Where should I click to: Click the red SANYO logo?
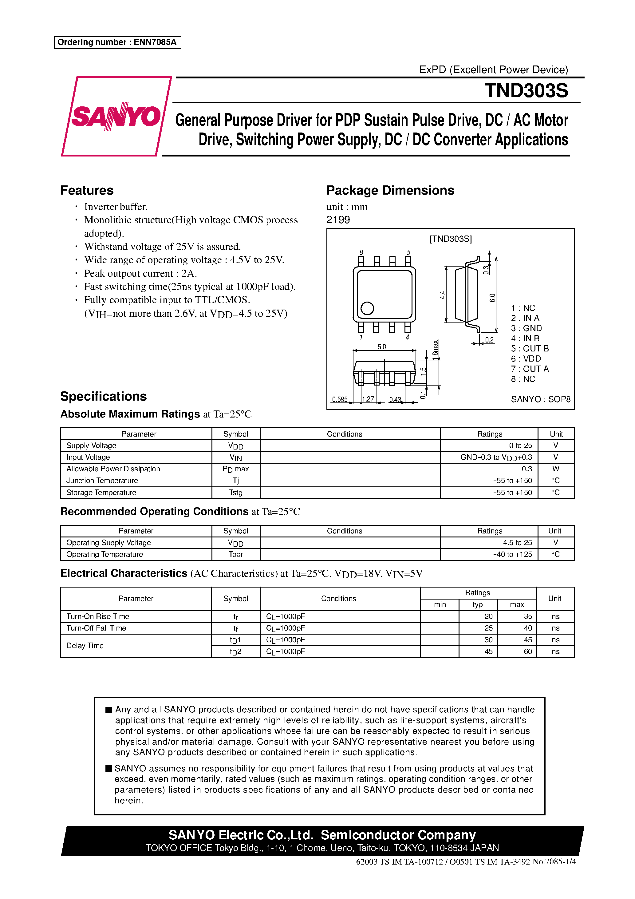pos(116,116)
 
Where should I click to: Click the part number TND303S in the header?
pos(526,90)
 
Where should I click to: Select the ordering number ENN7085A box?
pos(117,42)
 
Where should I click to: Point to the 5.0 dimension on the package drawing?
pos(381,347)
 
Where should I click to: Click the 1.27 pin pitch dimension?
pos(368,399)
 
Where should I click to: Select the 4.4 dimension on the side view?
pos(442,295)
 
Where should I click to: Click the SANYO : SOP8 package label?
pos(540,399)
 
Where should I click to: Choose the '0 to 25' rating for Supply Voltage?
pos(520,446)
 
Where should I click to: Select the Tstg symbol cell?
pos(236,493)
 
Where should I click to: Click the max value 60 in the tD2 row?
pos(528,651)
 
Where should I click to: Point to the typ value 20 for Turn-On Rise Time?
pos(488,616)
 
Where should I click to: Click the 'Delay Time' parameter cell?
pos(85,646)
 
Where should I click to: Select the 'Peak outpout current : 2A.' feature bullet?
pos(140,273)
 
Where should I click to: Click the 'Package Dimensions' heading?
pos(390,190)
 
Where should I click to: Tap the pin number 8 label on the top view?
pos(361,252)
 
